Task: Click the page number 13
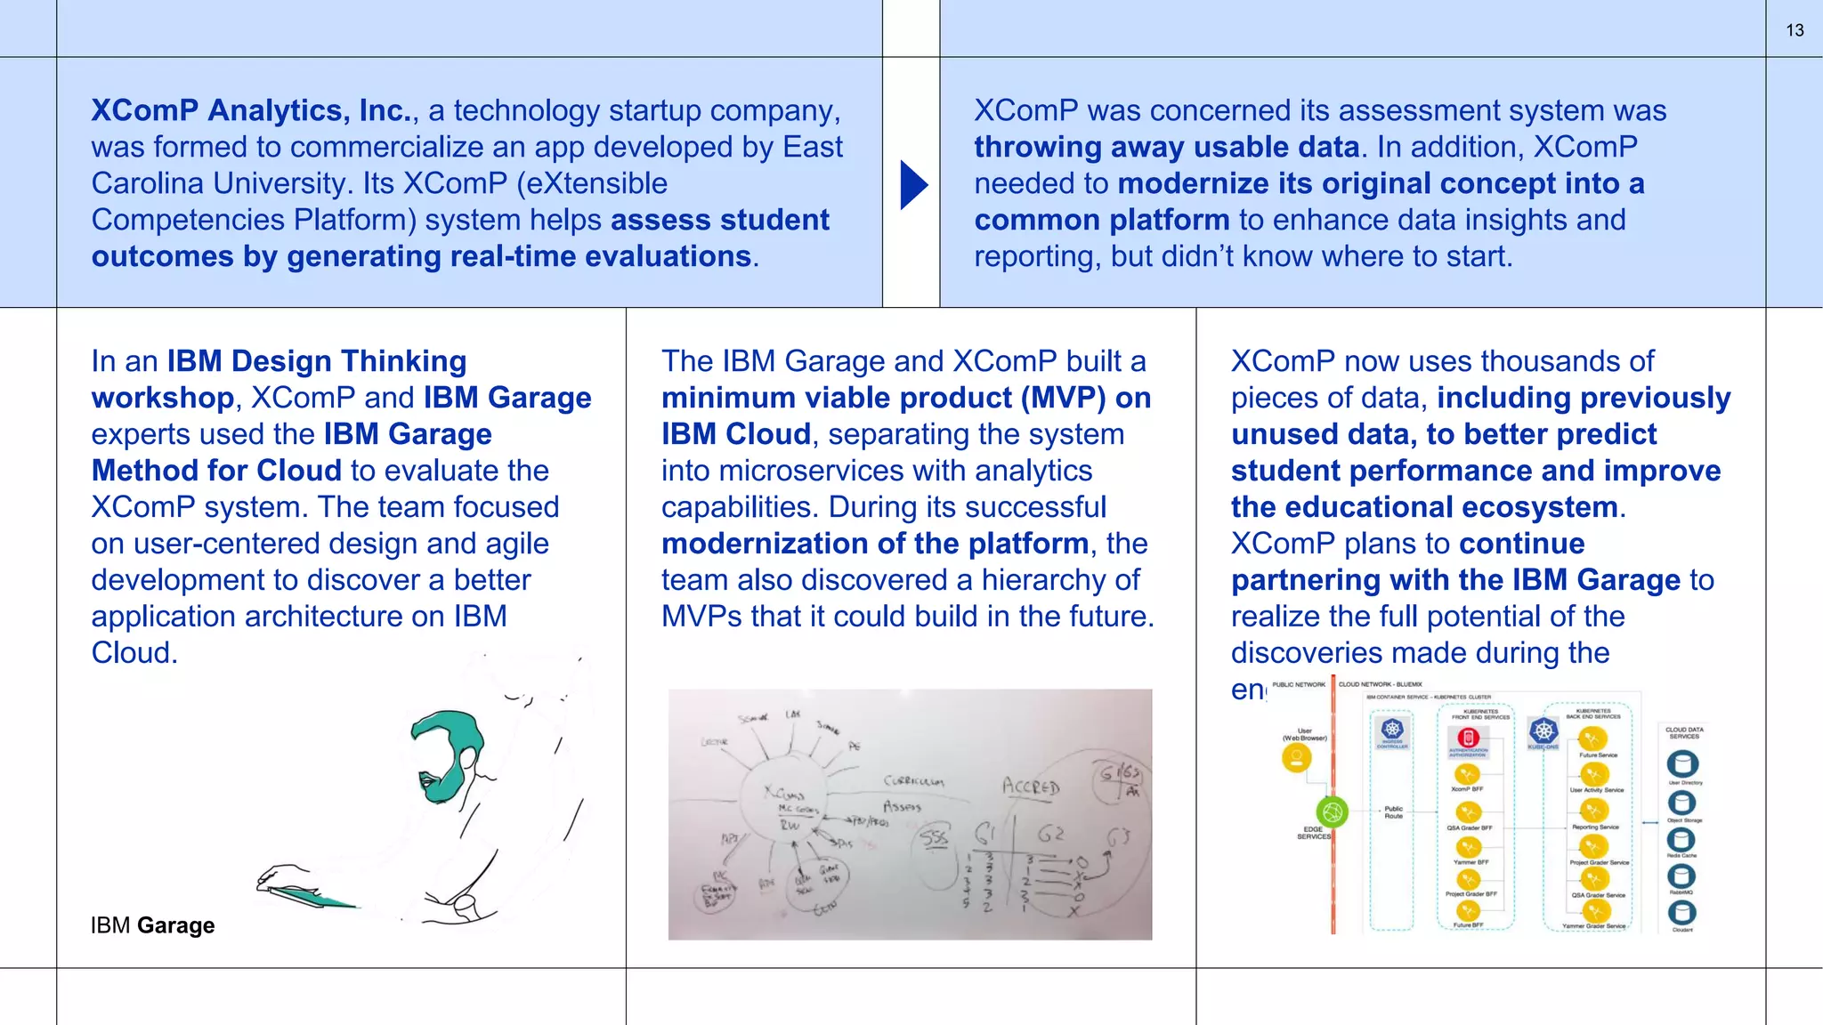tap(1795, 30)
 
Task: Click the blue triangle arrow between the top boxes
tap(913, 185)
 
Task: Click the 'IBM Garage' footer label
tap(152, 925)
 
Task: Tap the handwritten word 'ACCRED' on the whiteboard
tap(1031, 787)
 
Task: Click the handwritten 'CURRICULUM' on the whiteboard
tap(913, 781)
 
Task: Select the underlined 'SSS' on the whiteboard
tap(934, 838)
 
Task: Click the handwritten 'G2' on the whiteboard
tap(1050, 835)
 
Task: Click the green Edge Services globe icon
tap(1332, 811)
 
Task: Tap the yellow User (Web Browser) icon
tap(1296, 758)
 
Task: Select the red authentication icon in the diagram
tap(1468, 738)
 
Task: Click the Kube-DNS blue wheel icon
tap(1543, 732)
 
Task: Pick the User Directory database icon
tap(1681, 764)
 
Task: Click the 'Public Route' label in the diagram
tap(1393, 812)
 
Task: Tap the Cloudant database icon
tap(1681, 912)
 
